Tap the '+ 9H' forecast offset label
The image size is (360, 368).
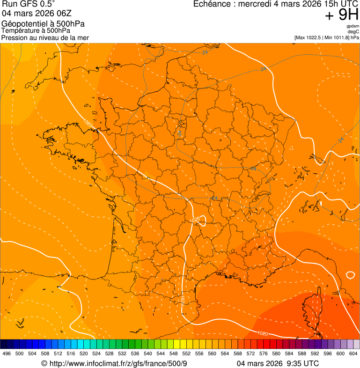coord(342,15)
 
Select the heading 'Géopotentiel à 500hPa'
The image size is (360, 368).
coord(43,24)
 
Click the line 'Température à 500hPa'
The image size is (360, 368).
coord(36,31)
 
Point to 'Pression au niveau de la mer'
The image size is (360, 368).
coord(45,37)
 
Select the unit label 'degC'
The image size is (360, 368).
coord(353,31)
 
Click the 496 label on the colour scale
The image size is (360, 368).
coord(7,353)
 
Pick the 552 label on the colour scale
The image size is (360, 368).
coord(186,353)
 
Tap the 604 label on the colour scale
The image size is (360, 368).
coord(353,353)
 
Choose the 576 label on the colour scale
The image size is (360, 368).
coord(263,353)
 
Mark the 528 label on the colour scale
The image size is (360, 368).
coord(109,353)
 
